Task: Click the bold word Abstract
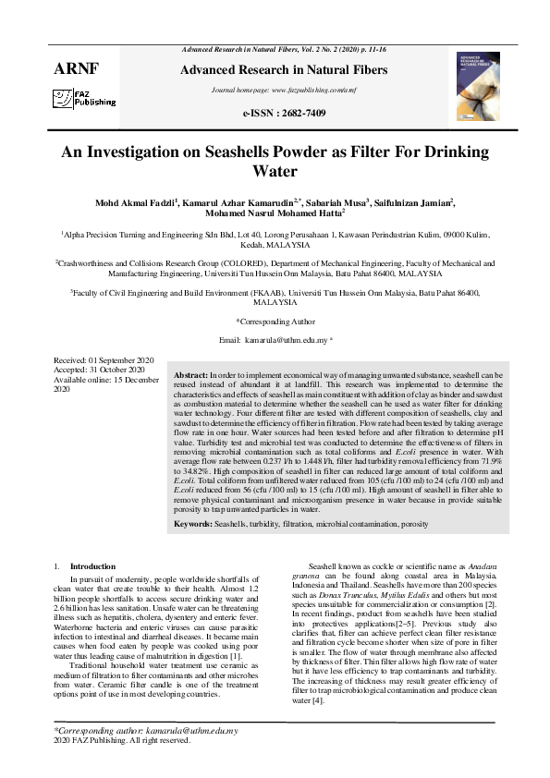[x=191, y=376]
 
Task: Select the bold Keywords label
[x=194, y=524]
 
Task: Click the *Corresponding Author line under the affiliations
[x=275, y=322]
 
